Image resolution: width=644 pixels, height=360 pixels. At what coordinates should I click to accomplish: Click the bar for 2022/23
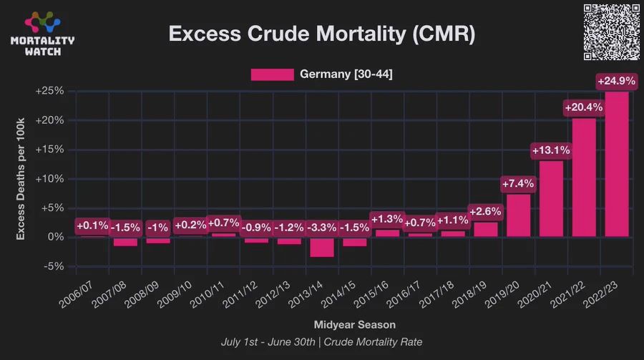(617, 164)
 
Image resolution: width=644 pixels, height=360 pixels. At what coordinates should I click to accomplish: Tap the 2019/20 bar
(519, 215)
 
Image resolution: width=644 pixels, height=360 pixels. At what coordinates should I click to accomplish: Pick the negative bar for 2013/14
(322, 246)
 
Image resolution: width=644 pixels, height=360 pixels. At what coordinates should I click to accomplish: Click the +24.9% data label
(617, 81)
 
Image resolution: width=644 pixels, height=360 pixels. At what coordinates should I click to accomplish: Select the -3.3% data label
(322, 228)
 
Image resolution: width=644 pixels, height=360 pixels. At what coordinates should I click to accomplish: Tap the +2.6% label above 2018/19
(486, 212)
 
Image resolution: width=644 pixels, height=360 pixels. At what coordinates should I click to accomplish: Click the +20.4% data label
(584, 107)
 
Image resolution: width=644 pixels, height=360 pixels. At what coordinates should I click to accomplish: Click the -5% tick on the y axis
(54, 266)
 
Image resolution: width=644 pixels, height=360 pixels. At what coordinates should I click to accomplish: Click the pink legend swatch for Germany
(272, 74)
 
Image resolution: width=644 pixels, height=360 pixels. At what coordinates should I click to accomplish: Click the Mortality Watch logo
(42, 33)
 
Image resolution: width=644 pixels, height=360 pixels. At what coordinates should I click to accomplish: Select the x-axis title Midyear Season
(354, 325)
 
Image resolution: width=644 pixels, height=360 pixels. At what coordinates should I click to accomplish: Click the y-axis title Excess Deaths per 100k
(21, 179)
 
